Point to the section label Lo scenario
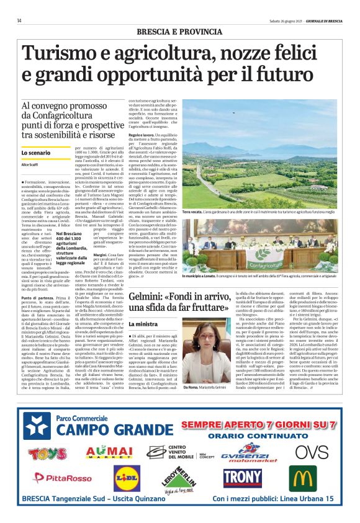[x=36, y=152]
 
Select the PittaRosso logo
[x=60, y=477]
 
